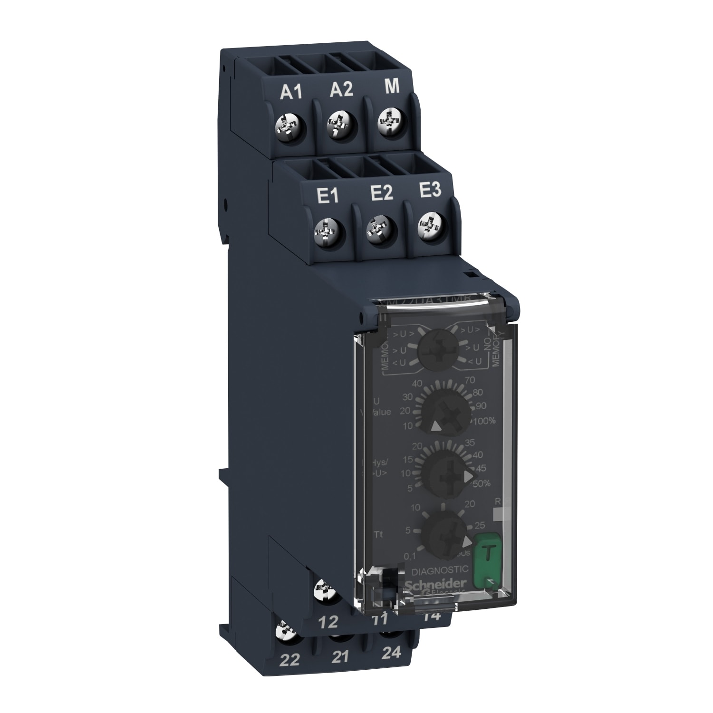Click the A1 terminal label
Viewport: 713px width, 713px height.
point(292,92)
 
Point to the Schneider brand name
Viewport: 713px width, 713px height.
point(432,584)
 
